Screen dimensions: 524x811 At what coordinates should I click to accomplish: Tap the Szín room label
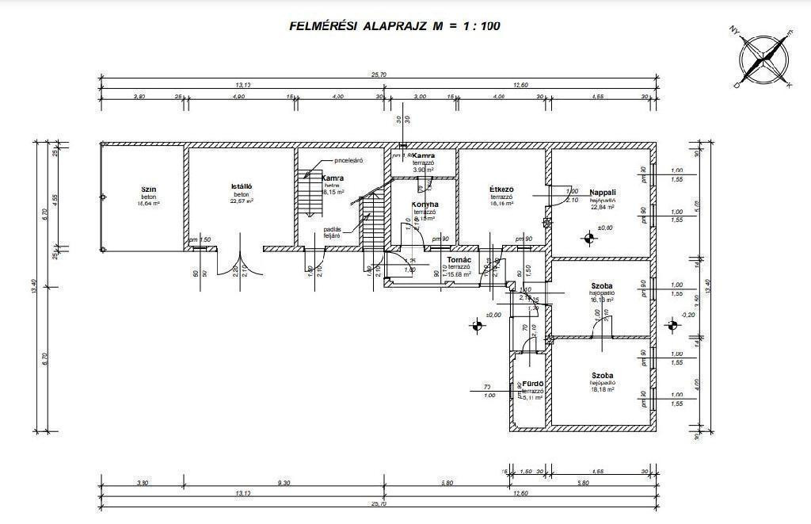pyautogui.click(x=147, y=189)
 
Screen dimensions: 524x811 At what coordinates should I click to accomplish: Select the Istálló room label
pyautogui.click(x=242, y=187)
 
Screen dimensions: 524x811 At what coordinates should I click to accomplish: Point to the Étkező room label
pyautogui.click(x=502, y=189)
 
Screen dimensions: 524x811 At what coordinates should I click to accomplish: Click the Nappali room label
pyautogui.click(x=603, y=193)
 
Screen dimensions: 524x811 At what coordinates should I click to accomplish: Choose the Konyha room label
pyautogui.click(x=425, y=205)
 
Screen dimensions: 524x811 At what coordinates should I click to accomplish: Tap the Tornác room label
pyautogui.click(x=459, y=260)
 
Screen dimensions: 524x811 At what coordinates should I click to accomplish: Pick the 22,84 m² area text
pyautogui.click(x=603, y=208)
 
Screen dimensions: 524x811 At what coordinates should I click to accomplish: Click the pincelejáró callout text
pyautogui.click(x=348, y=161)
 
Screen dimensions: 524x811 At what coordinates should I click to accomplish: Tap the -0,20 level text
pyautogui.click(x=688, y=315)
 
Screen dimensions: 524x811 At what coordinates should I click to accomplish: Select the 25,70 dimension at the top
pyautogui.click(x=379, y=75)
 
